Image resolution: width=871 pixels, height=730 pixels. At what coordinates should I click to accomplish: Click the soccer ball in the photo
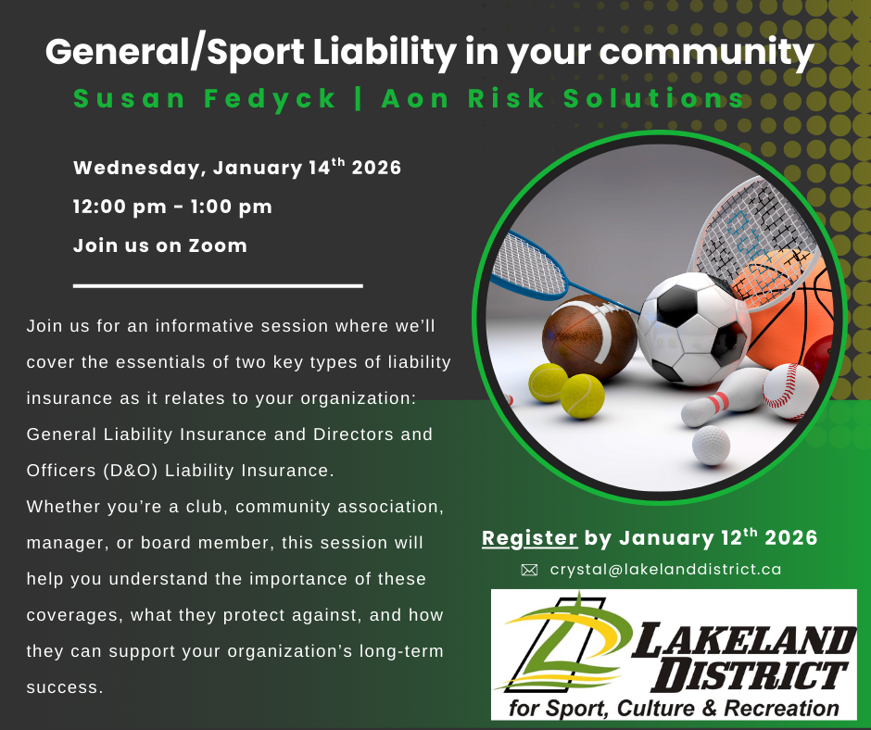tap(694, 329)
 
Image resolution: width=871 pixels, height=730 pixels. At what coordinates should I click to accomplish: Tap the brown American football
tap(590, 337)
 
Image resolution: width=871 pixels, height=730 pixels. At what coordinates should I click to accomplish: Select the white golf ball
tap(711, 445)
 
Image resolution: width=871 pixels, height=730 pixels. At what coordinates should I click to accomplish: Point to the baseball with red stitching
tap(790, 392)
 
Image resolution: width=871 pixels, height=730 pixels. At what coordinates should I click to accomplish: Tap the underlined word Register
tap(529, 538)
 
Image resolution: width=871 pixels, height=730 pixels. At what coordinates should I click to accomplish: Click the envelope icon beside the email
tap(529, 570)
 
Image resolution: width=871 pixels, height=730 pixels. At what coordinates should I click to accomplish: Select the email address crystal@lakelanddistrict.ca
tap(665, 570)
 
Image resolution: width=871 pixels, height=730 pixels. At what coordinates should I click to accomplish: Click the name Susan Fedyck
tap(205, 99)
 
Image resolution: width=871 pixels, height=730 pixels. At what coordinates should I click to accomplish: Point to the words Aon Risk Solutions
tap(562, 98)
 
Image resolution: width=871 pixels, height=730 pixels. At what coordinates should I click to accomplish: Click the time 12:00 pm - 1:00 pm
tap(172, 207)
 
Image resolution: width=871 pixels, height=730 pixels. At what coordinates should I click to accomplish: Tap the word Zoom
tap(217, 245)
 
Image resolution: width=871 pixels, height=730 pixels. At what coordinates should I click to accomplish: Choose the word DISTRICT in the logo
tap(752, 677)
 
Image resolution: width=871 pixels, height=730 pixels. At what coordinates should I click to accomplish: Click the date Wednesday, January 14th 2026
tap(237, 168)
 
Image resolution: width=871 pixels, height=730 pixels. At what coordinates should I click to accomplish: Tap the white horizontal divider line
tap(218, 285)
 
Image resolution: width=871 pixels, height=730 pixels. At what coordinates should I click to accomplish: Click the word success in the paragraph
tap(65, 687)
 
